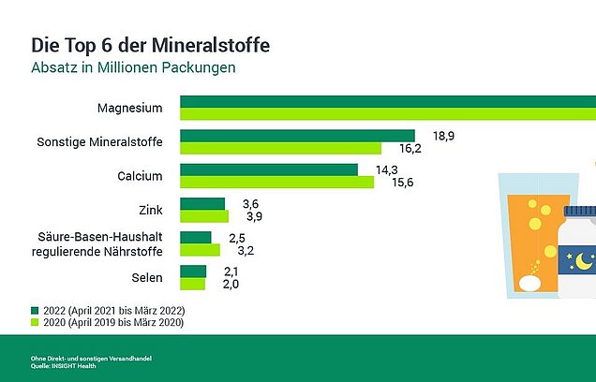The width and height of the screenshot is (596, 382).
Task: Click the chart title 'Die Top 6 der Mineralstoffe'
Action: (x=151, y=44)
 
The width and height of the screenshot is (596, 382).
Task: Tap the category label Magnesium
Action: (x=129, y=109)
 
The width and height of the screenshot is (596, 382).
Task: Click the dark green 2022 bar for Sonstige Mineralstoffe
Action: (x=296, y=135)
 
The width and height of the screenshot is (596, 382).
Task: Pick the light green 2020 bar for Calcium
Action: (x=276, y=182)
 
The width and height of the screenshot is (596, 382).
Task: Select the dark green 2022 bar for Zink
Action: (x=202, y=203)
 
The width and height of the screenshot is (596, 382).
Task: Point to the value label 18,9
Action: (x=443, y=136)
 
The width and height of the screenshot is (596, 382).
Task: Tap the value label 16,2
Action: (x=410, y=148)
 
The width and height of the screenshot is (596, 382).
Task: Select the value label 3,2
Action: (x=248, y=251)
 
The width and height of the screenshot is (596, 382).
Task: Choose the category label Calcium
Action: (x=141, y=176)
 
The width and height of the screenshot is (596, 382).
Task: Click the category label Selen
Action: (x=148, y=278)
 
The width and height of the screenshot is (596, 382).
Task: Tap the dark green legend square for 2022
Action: (x=36, y=310)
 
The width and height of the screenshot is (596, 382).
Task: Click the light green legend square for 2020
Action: (x=36, y=323)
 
